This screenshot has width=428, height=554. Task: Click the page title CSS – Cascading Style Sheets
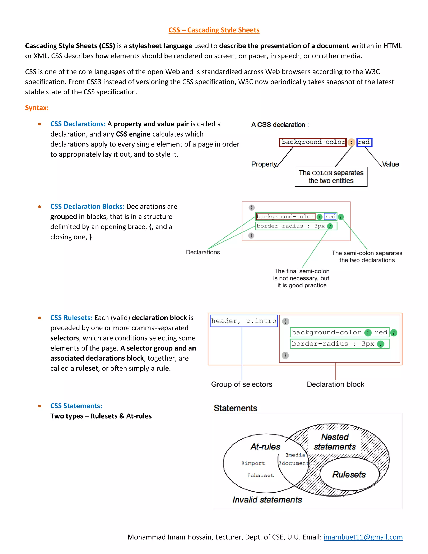[x=214, y=30]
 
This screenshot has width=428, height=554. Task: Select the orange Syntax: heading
[x=37, y=108]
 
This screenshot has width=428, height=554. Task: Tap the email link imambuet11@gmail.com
[x=363, y=537]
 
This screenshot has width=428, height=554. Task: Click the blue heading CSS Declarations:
[x=78, y=124]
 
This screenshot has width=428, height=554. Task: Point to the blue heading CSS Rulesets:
[x=71, y=318]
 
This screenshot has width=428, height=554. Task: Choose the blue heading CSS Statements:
[x=76, y=406]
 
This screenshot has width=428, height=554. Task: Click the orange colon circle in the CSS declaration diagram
[x=351, y=142]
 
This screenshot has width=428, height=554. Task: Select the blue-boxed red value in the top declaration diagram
[x=364, y=142]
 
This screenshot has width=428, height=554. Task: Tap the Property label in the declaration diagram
[x=264, y=164]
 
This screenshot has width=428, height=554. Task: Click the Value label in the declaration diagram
[x=390, y=164]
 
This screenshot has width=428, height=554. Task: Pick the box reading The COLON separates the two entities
[x=331, y=177]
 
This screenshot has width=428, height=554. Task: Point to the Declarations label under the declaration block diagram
[x=203, y=252]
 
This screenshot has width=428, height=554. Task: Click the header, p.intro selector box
[x=244, y=321]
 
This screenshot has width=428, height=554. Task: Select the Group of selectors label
[x=242, y=384]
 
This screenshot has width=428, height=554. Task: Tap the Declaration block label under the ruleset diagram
[x=335, y=384]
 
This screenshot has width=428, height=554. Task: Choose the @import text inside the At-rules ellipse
[x=253, y=463]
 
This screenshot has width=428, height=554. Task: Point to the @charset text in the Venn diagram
[x=261, y=475]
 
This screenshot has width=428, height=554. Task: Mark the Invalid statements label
[x=267, y=500]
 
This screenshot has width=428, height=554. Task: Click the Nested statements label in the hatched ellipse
[x=335, y=442]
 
